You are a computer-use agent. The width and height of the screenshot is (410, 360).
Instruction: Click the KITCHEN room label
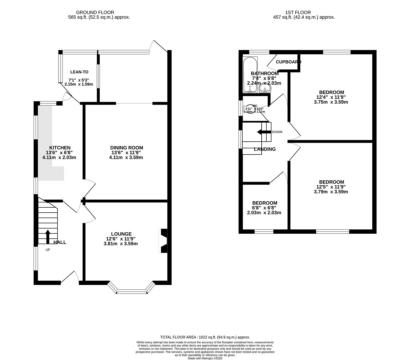(60, 148)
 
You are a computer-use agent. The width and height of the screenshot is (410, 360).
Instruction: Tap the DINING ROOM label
(126, 148)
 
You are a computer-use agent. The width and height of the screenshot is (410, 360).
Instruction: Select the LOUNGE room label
(121, 234)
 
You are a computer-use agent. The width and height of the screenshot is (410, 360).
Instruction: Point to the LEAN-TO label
(79, 72)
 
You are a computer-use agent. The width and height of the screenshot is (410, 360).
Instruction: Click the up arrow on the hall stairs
(48, 237)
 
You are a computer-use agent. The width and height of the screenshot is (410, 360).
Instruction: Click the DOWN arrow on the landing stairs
(264, 132)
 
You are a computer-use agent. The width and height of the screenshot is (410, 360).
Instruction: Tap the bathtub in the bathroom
(250, 75)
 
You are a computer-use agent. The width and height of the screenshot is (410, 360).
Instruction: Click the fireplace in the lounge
(163, 241)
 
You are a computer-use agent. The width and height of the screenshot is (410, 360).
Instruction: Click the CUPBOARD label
(288, 62)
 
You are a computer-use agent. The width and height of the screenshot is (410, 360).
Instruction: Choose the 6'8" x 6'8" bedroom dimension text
(264, 208)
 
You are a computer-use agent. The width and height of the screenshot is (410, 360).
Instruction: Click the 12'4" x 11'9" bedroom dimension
(331, 97)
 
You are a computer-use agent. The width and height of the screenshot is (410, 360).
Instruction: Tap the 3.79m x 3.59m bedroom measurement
(331, 192)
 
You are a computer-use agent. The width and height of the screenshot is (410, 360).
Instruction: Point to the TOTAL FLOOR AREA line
(205, 337)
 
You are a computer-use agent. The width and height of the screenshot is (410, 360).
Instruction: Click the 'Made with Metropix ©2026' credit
(205, 358)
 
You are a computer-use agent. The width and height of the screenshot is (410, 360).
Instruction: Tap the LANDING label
(265, 149)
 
